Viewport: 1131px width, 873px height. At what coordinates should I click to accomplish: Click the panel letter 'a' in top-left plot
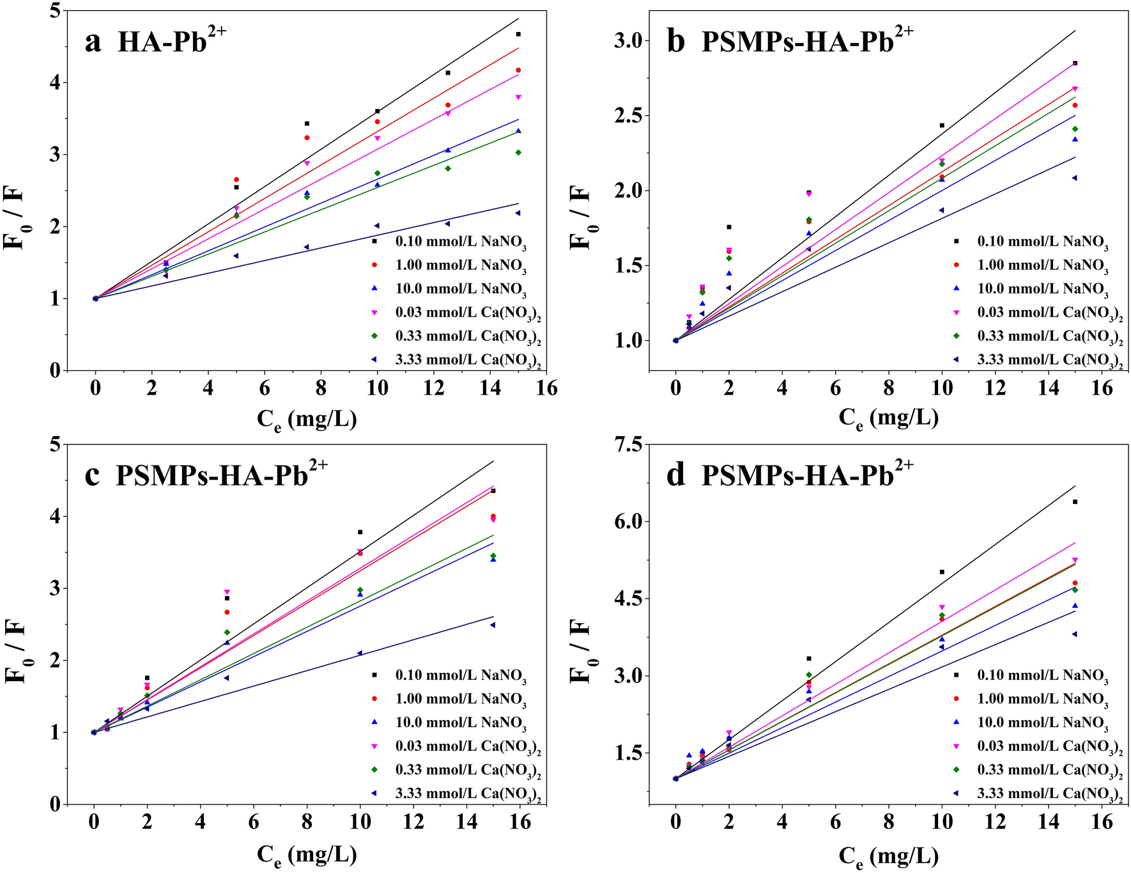click(x=93, y=43)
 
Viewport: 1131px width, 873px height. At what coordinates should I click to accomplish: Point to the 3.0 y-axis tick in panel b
click(x=629, y=41)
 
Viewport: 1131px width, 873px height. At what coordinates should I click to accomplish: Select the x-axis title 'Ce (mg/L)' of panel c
click(x=307, y=855)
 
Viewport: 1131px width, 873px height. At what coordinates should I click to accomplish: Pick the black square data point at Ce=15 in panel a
click(x=518, y=34)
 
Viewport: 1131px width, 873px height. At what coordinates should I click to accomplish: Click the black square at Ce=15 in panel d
click(x=1075, y=501)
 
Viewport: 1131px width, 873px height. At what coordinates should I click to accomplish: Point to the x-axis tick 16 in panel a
click(x=547, y=388)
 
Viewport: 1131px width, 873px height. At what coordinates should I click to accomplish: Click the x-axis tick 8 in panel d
click(x=889, y=822)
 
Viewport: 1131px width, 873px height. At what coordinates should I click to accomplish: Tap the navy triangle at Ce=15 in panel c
click(x=493, y=625)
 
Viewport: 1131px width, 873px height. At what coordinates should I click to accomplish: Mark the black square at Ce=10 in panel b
click(x=942, y=125)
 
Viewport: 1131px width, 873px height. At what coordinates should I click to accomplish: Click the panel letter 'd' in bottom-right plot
click(x=675, y=476)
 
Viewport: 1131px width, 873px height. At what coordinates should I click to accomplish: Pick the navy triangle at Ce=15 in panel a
click(x=518, y=213)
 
